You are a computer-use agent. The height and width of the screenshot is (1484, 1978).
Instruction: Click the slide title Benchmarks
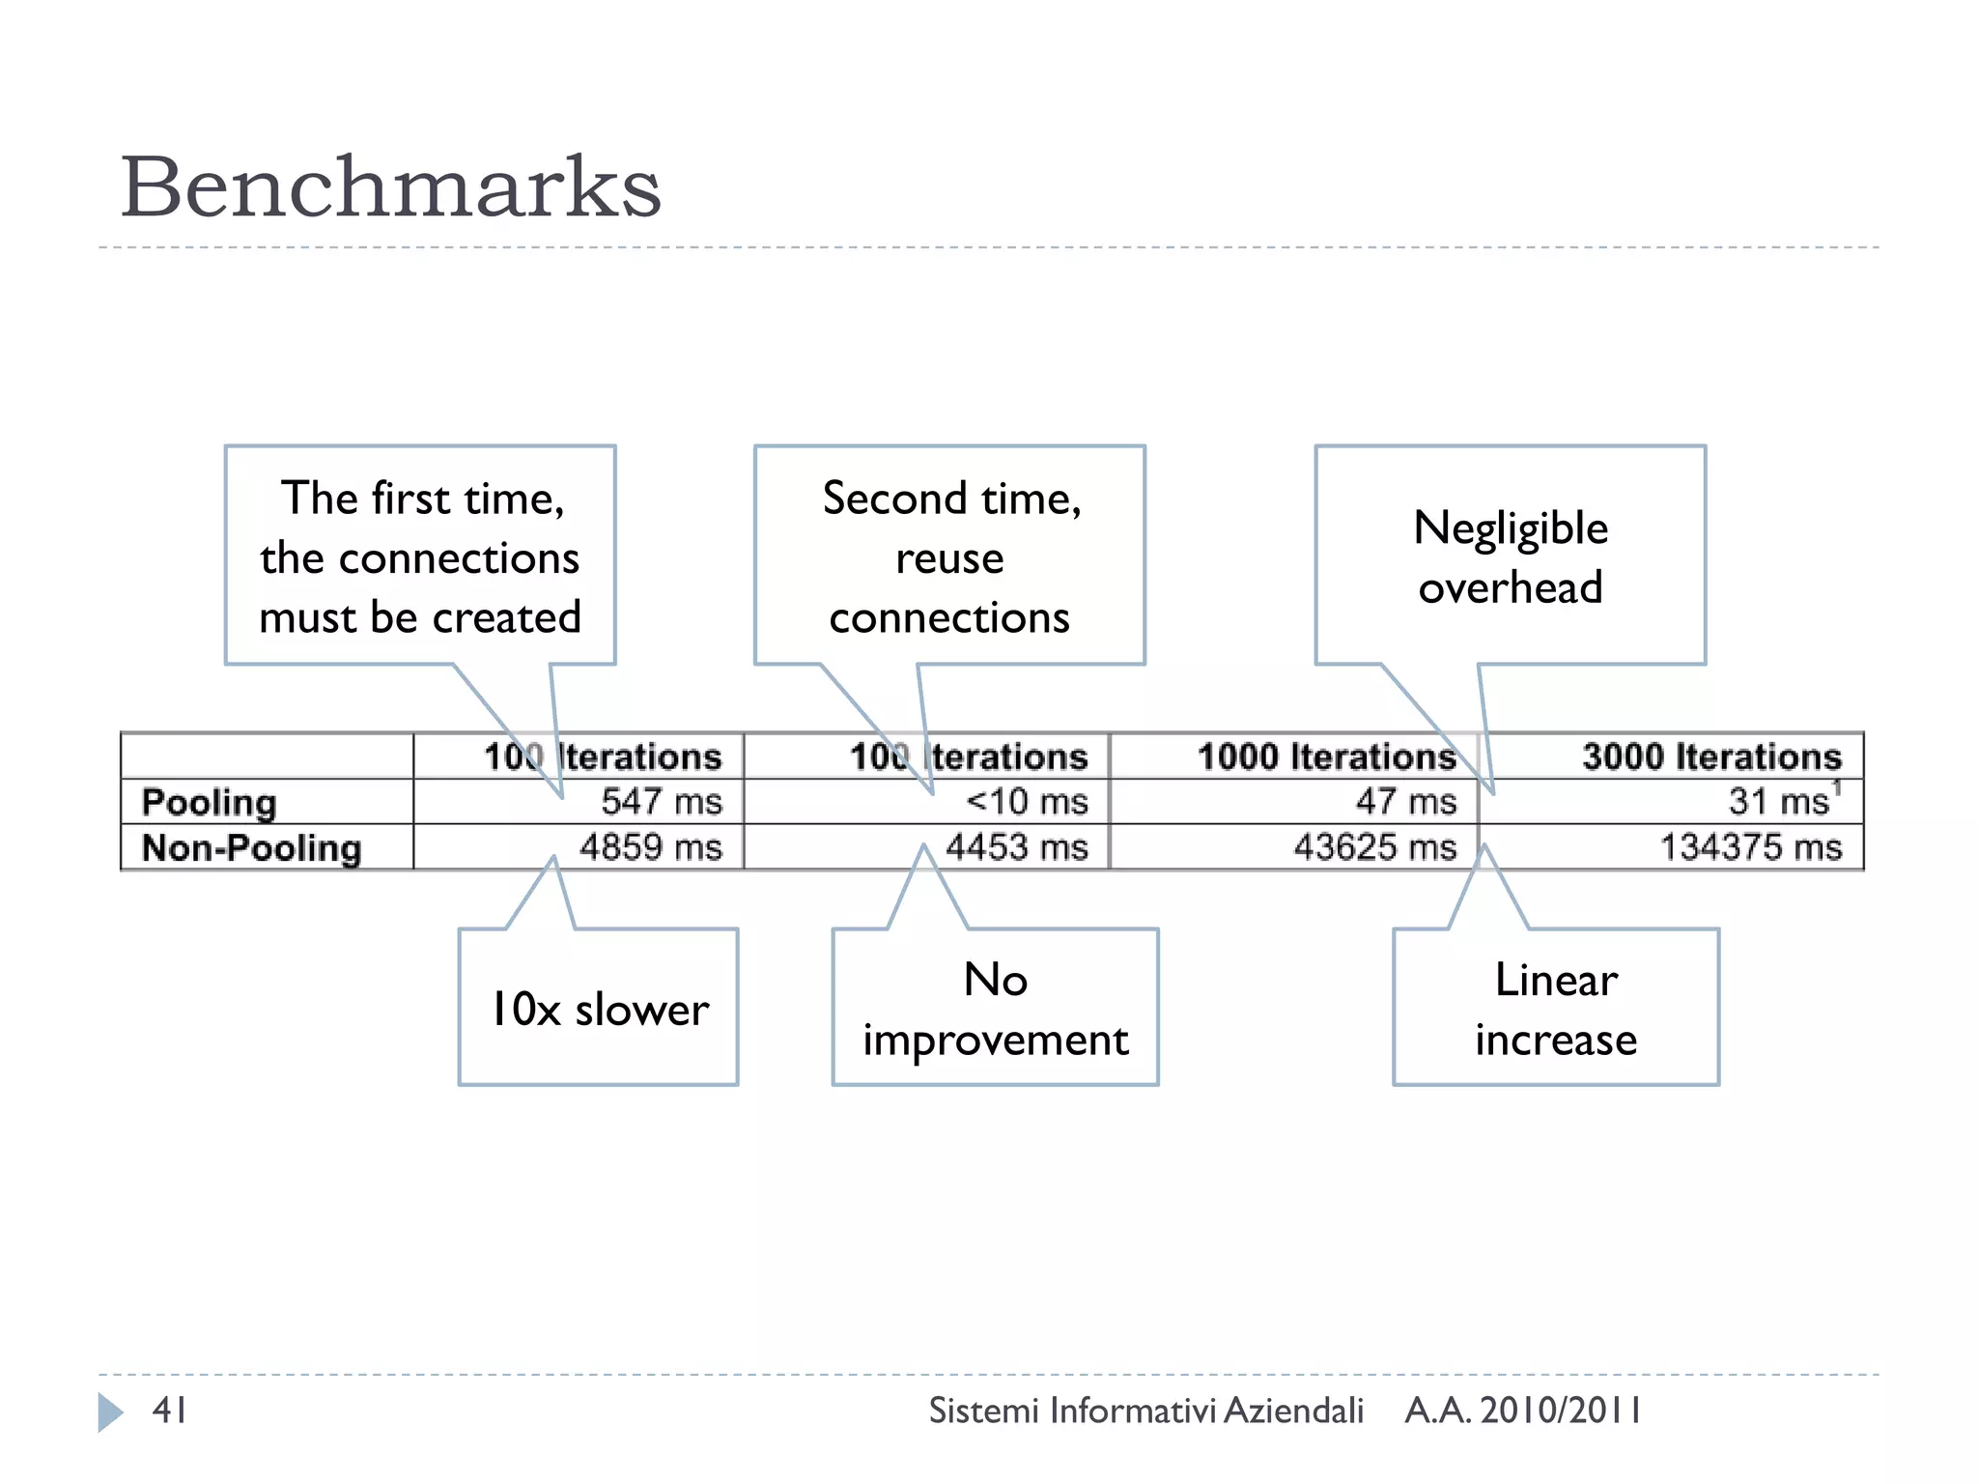tap(390, 187)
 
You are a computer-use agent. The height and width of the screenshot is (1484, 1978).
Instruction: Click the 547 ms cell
tap(661, 801)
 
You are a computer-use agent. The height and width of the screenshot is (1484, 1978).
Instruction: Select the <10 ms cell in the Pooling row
tap(1027, 801)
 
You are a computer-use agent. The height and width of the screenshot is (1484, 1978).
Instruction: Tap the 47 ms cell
tap(1405, 801)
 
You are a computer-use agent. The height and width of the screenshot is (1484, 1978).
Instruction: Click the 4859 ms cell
tap(650, 847)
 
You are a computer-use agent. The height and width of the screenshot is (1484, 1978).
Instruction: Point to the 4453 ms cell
tap(1016, 847)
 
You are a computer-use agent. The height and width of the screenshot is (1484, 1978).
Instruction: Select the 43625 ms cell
tap(1374, 847)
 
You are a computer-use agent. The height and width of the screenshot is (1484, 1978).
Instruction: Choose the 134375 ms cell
tap(1750, 847)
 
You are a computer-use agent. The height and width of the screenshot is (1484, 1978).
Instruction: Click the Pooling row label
tap(209, 802)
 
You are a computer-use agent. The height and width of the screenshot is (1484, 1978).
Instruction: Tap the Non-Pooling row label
tap(251, 847)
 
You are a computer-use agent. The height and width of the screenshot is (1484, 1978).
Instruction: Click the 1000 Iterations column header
tap(1326, 756)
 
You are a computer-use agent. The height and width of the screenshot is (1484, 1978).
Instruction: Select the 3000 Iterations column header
tap(1711, 756)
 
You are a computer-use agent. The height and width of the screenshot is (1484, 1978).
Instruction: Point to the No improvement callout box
tap(995, 1009)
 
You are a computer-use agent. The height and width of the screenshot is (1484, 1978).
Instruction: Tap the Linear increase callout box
tap(1555, 1009)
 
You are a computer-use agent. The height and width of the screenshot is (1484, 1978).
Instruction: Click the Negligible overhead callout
tap(1510, 556)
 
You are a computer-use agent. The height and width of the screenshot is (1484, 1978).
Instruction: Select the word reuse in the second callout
tap(949, 558)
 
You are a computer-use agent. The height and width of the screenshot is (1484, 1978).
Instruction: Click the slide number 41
tap(170, 1410)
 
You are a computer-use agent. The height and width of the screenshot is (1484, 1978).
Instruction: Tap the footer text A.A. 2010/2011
tap(1523, 1411)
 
